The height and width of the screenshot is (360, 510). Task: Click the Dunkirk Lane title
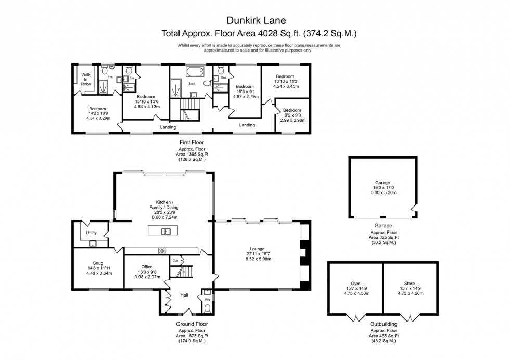click(x=254, y=21)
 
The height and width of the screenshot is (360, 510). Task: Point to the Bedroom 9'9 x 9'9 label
click(x=292, y=115)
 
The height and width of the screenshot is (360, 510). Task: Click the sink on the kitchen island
click(x=166, y=231)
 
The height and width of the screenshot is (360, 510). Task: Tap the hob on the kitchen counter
click(x=162, y=251)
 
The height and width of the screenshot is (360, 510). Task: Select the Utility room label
click(x=91, y=233)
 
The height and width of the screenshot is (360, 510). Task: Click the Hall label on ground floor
click(x=184, y=295)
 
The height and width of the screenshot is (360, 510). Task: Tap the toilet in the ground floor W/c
click(x=207, y=308)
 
